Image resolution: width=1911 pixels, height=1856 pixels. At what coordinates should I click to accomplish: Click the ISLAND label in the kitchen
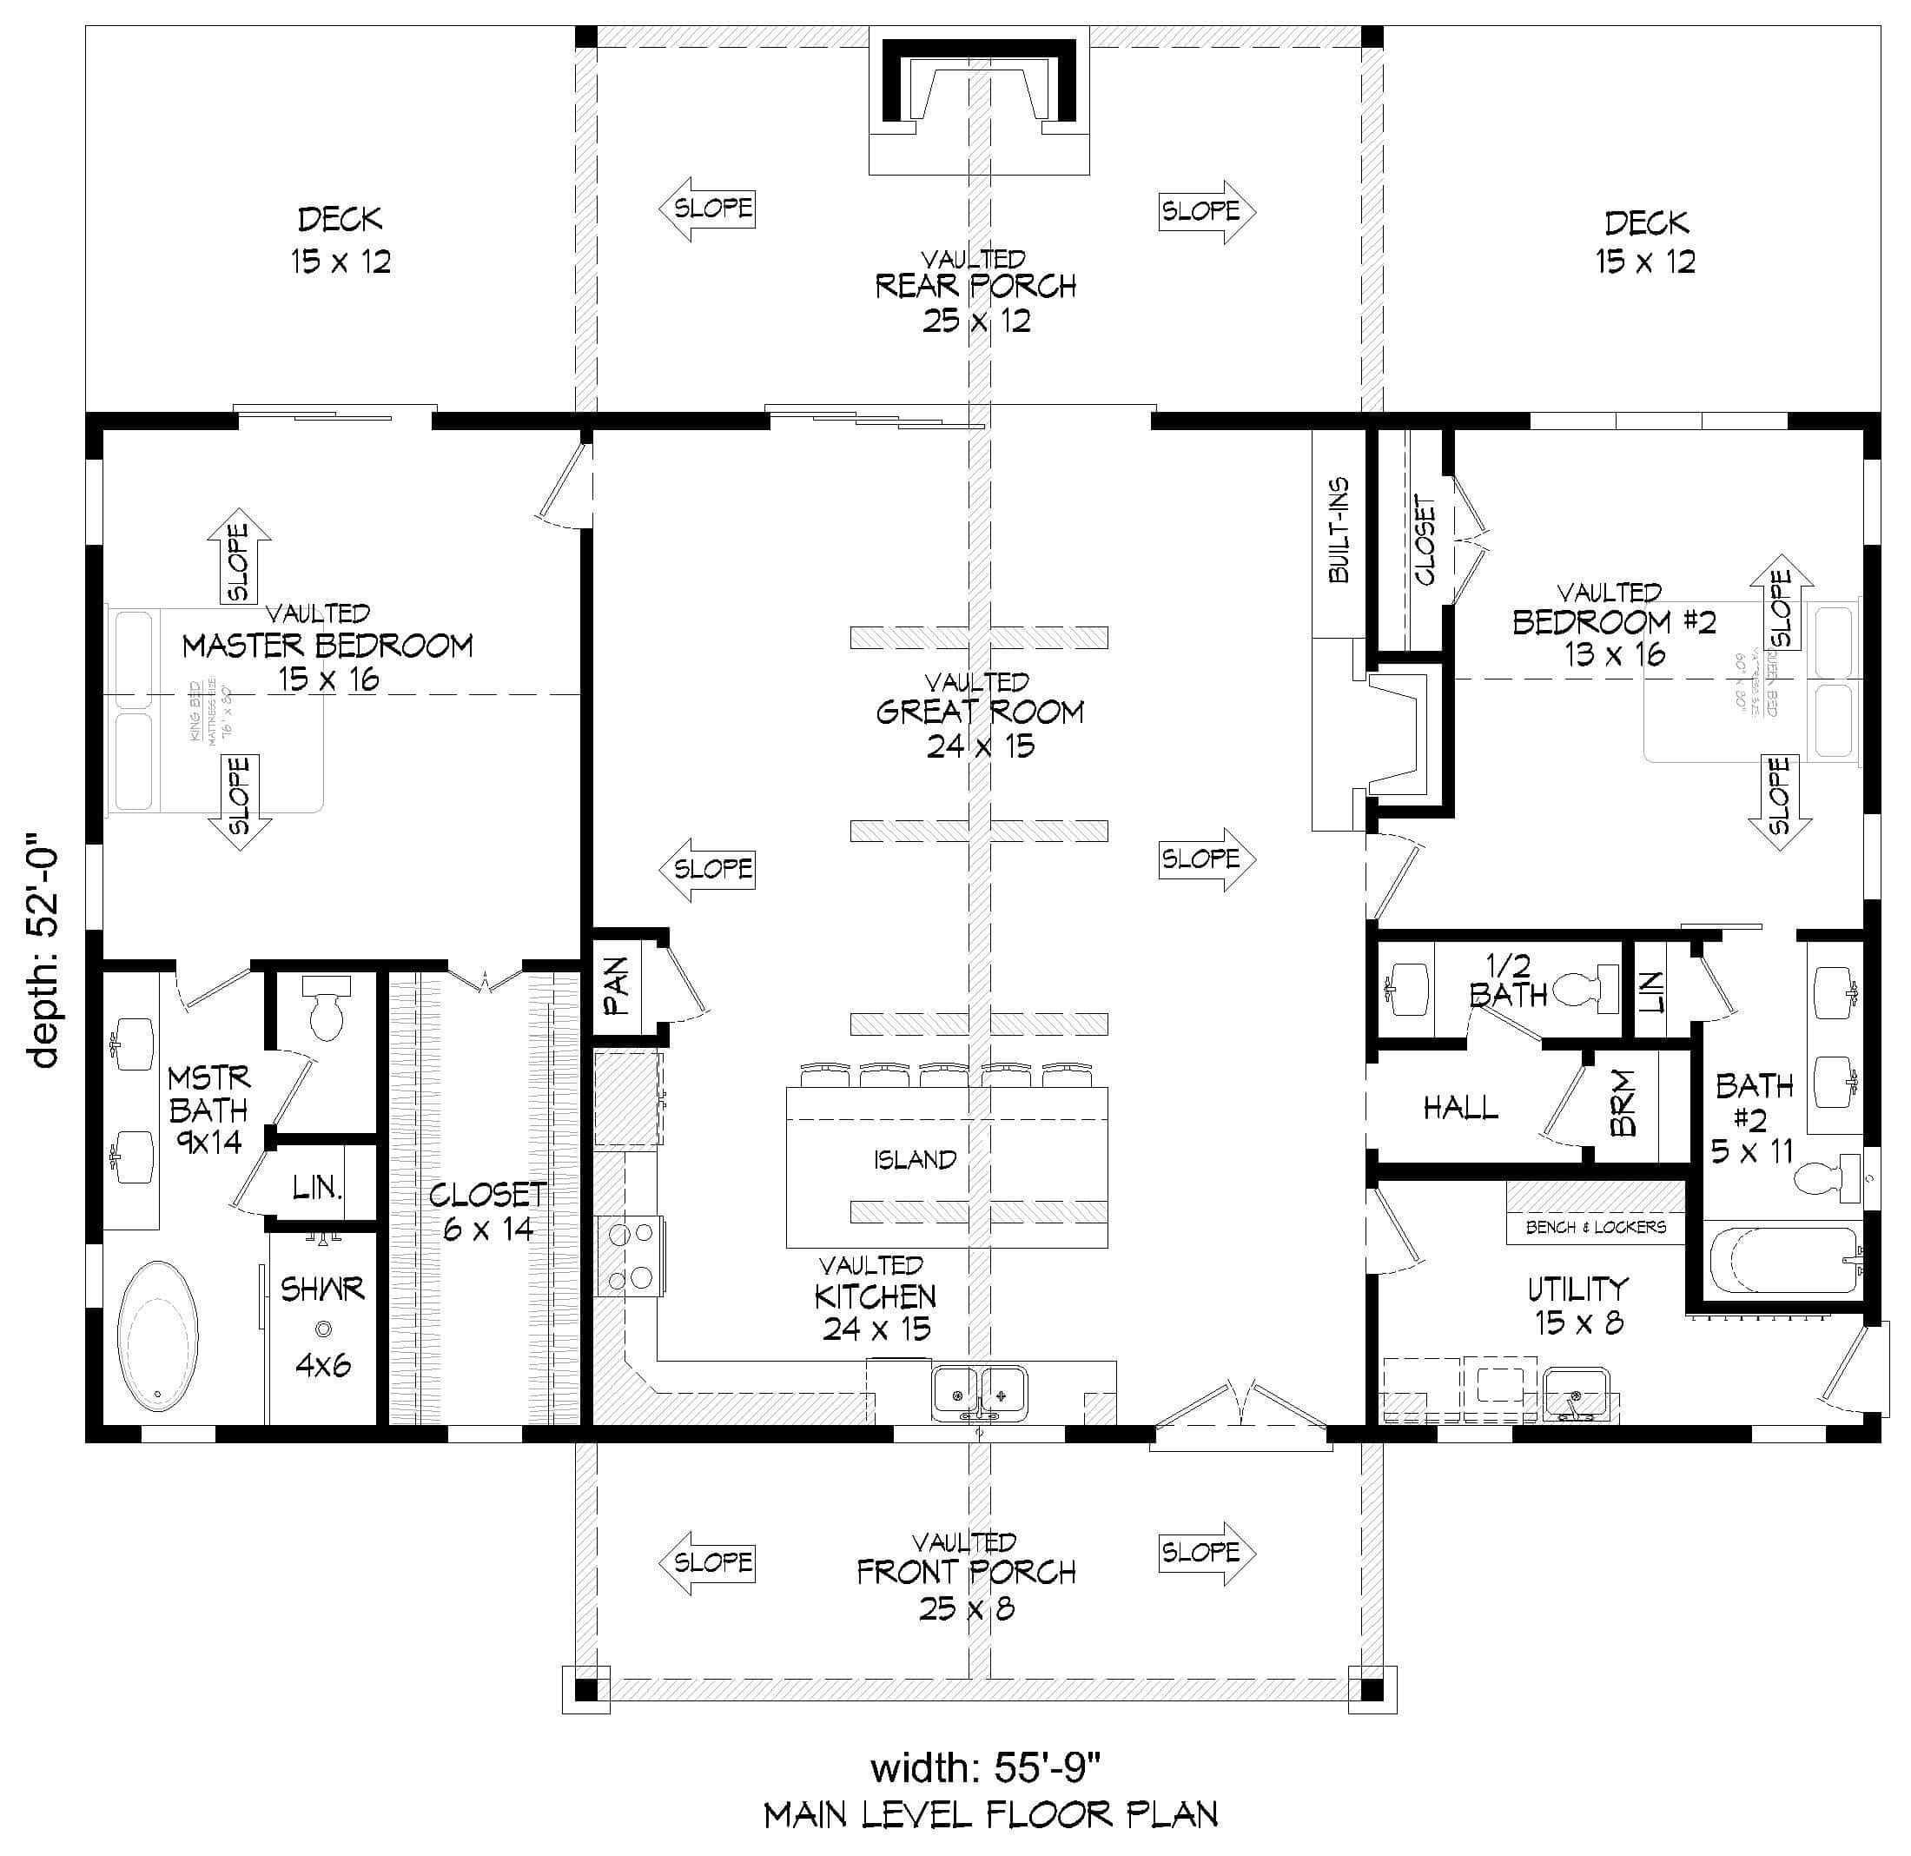click(914, 1160)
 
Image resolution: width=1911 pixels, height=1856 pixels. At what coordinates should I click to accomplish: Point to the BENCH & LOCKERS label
click(1595, 1227)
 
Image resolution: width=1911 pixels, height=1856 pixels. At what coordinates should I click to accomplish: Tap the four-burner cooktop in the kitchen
click(630, 1256)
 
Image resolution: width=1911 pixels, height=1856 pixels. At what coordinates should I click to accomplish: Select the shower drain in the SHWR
click(323, 1329)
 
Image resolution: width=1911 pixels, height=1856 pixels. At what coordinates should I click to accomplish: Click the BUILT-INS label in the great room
click(1339, 531)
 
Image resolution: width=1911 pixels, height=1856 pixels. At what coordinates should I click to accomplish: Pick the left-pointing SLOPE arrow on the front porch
click(705, 1561)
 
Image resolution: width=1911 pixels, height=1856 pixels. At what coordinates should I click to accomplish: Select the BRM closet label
click(1622, 1105)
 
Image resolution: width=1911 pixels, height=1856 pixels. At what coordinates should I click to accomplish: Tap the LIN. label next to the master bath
click(318, 1187)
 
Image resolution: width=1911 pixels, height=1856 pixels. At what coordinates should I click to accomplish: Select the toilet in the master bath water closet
click(326, 1010)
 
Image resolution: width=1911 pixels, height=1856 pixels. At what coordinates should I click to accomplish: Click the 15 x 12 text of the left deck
click(341, 262)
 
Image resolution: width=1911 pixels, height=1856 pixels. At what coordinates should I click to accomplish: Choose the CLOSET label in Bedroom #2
click(1425, 540)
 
